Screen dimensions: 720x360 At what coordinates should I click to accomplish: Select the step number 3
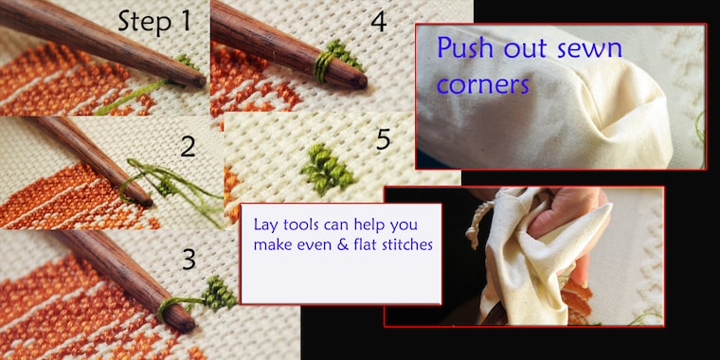[189, 260]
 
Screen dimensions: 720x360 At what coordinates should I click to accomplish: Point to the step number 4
[378, 21]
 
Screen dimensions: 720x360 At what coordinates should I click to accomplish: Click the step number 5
[384, 139]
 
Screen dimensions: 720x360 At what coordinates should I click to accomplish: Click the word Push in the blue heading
[465, 48]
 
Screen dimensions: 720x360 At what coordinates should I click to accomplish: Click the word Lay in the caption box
[265, 225]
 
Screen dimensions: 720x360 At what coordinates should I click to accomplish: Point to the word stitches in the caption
[407, 245]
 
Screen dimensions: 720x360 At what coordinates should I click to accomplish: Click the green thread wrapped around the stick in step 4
[323, 67]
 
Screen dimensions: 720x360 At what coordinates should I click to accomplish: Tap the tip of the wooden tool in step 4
[362, 82]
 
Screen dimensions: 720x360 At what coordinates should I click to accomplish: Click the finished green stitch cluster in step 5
[327, 169]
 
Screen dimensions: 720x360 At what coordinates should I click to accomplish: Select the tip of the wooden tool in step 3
[188, 325]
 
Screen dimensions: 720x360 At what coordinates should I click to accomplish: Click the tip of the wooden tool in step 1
[201, 81]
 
